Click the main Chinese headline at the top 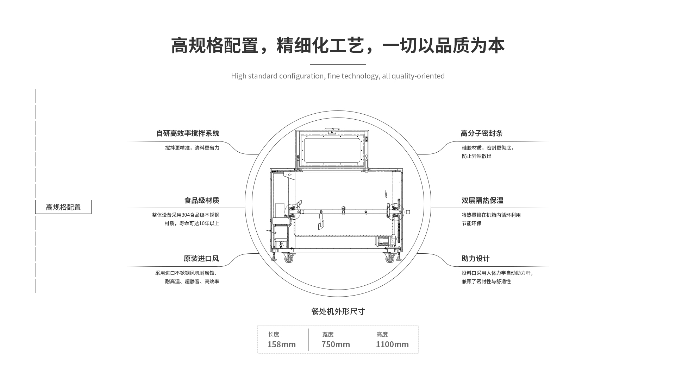pyautogui.click(x=338, y=46)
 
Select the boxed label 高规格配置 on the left pyautogui.click(x=63, y=207)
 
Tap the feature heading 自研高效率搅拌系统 pyautogui.click(x=188, y=133)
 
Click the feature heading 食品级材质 pyautogui.click(x=202, y=201)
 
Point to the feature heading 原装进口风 pyautogui.click(x=201, y=259)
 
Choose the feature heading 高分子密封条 pyautogui.click(x=481, y=133)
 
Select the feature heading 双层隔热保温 pyautogui.click(x=482, y=201)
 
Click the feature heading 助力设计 pyautogui.click(x=476, y=259)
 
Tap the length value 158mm pyautogui.click(x=282, y=344)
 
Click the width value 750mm pyautogui.click(x=336, y=344)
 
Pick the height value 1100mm pyautogui.click(x=392, y=344)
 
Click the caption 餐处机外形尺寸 pyautogui.click(x=338, y=311)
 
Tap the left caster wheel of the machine pyautogui.click(x=289, y=259)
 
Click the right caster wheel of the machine pyautogui.click(x=389, y=259)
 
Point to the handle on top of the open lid pyautogui.click(x=332, y=131)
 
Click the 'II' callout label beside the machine pyautogui.click(x=408, y=212)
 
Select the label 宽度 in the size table pyautogui.click(x=328, y=334)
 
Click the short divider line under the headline pyautogui.click(x=338, y=64)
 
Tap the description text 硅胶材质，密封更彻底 pyautogui.click(x=488, y=148)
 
